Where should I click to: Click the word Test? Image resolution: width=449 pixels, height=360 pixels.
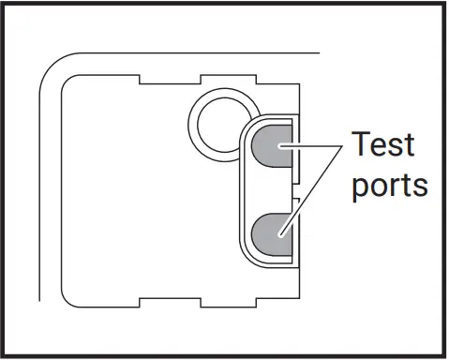click(x=383, y=145)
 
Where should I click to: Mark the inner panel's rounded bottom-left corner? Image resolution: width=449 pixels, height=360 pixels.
click(x=71, y=301)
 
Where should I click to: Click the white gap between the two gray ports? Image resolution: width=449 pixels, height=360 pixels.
click(x=273, y=188)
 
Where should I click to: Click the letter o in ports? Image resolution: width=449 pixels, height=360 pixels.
click(x=379, y=184)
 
